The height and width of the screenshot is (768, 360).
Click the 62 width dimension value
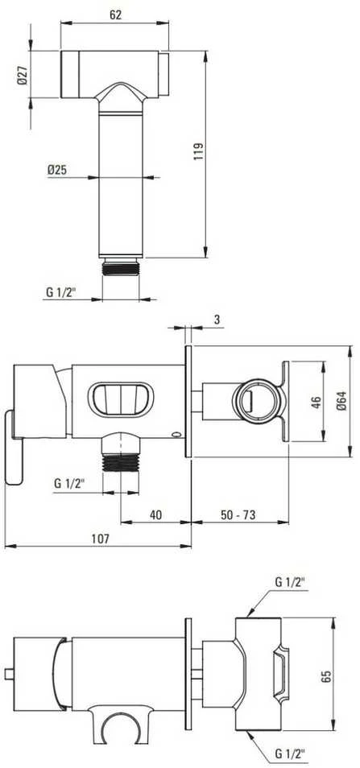point(115,14)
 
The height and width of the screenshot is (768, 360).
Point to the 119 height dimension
point(200,152)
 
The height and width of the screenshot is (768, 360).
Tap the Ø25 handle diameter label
point(58,170)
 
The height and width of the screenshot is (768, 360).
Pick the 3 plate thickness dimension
point(217,320)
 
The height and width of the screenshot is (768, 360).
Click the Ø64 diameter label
point(341,402)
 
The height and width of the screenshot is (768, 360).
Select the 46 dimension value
point(317,403)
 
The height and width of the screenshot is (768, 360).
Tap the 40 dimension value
point(155,514)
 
